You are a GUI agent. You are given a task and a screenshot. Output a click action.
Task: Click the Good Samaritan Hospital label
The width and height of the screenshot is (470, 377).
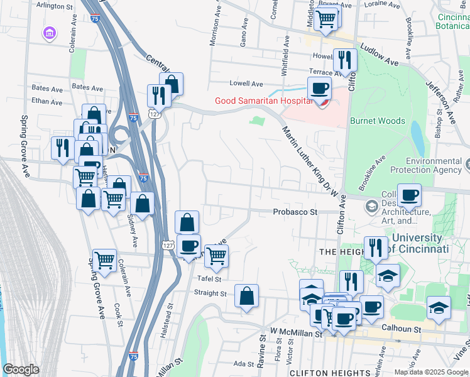point(263,101)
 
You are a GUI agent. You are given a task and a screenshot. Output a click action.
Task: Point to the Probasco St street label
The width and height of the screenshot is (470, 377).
point(295,212)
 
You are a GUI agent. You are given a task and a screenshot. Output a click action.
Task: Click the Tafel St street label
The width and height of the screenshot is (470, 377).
point(209,278)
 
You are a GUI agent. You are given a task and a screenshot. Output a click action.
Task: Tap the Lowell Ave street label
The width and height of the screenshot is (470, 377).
point(246,84)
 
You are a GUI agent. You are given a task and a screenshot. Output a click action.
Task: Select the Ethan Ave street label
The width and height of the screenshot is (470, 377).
point(47,102)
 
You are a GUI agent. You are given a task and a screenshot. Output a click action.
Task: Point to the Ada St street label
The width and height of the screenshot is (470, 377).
point(242,364)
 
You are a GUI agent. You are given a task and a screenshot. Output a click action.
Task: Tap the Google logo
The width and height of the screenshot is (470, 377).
point(21,369)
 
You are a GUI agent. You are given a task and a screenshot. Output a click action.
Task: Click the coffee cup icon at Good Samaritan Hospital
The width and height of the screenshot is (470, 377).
point(319,89)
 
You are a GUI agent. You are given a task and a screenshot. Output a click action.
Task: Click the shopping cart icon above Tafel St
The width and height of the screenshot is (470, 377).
point(216,255)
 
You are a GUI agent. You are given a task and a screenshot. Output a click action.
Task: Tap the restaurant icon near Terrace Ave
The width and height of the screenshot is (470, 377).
point(344,60)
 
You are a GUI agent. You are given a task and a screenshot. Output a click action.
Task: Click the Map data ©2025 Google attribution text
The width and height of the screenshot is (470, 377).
point(431,372)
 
